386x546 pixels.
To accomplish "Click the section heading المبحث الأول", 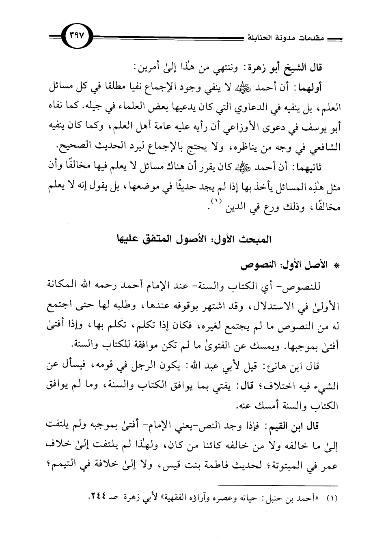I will pos(250,238).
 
